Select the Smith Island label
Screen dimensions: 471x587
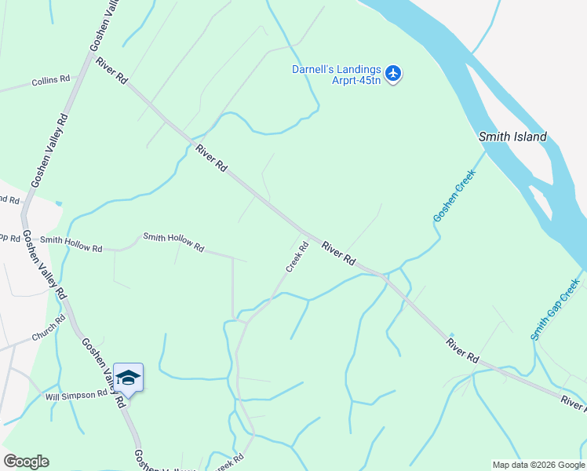(512, 137)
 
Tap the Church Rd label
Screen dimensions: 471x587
(49, 333)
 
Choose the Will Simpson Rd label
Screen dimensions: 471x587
(75, 394)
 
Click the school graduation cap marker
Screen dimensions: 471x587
(128, 378)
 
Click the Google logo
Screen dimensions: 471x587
(26, 462)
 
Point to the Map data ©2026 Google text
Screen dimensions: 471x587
(538, 465)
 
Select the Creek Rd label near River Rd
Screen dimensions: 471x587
(296, 257)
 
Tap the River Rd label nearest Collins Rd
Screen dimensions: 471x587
(111, 70)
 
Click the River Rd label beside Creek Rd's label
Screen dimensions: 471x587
(338, 253)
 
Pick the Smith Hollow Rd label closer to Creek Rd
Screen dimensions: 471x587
(173, 242)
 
